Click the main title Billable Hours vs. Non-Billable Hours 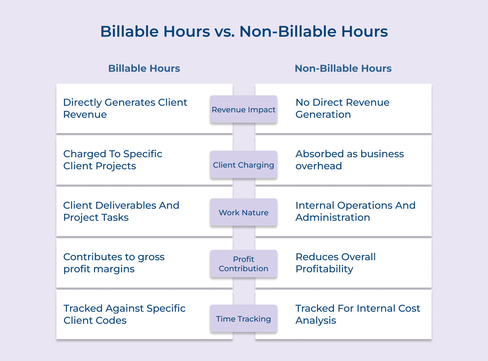(244, 31)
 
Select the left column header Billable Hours (144, 68)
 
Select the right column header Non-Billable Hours (343, 68)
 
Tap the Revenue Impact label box (243, 109)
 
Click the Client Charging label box (243, 165)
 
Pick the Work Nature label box (243, 212)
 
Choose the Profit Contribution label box (243, 263)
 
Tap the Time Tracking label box (243, 319)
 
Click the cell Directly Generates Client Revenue (125, 108)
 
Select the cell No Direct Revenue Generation (342, 108)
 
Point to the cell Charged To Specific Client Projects (113, 160)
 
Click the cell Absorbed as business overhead (350, 160)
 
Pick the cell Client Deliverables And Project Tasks (121, 211)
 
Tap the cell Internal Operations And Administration (355, 211)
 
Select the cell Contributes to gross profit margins (114, 263)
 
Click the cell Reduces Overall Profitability (336, 263)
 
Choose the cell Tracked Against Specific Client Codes (124, 314)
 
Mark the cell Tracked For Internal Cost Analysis (358, 314)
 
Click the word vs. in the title (225, 32)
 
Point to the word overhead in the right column (319, 166)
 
